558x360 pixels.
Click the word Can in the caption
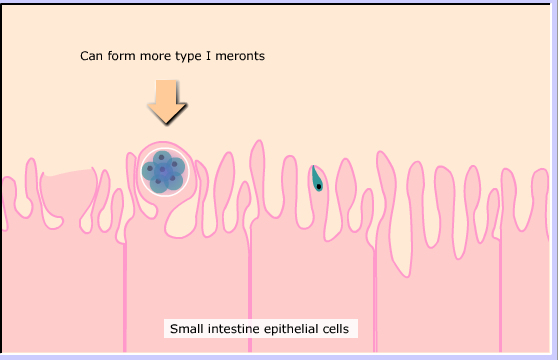[x=91, y=56]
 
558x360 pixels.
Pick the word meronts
[x=240, y=56]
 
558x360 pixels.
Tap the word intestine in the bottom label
[x=233, y=329]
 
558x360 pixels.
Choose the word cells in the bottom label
[x=336, y=329]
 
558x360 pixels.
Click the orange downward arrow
[x=167, y=102]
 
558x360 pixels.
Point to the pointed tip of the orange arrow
[x=167, y=124]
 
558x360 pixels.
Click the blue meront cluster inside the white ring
[x=163, y=172]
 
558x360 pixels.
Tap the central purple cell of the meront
[x=163, y=170]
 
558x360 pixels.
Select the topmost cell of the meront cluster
[x=162, y=158]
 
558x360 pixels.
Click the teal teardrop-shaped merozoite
[x=317, y=180]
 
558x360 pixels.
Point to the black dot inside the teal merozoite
[x=319, y=186]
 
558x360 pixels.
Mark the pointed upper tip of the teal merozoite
[x=313, y=166]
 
